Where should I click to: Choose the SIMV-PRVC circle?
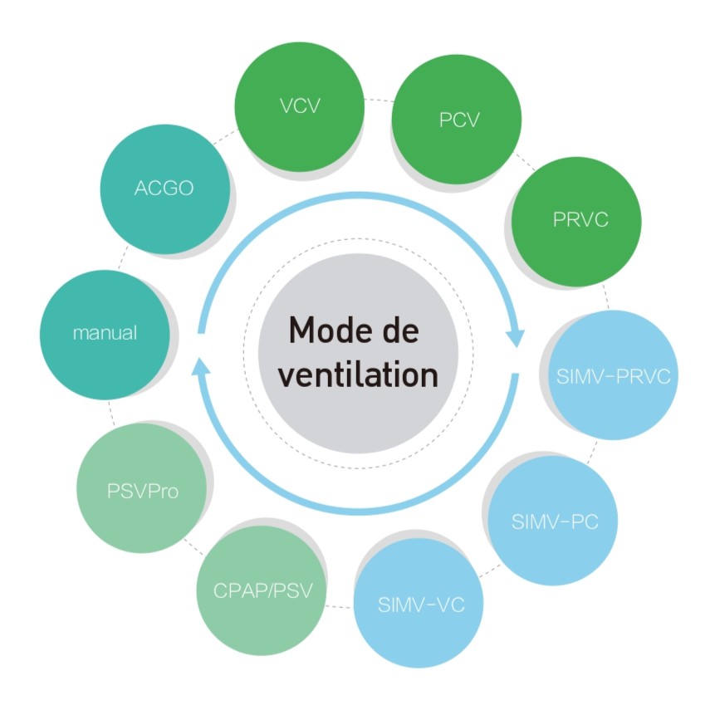point(613,376)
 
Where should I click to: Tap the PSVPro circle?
point(142,490)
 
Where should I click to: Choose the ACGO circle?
point(164,189)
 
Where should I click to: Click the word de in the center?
point(399,330)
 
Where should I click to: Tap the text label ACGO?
point(164,189)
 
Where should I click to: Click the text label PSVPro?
point(142,491)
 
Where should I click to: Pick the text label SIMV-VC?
point(420,605)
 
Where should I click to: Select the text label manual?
point(105,334)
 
